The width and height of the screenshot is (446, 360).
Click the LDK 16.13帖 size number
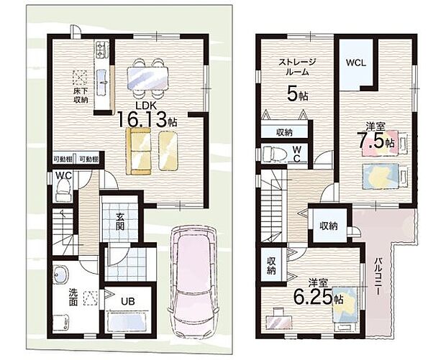tap(147, 119)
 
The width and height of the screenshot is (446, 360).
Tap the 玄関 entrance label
tap(119, 221)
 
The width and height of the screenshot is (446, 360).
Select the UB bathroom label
tap(128, 301)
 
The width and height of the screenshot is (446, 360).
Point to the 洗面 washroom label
tap(73, 297)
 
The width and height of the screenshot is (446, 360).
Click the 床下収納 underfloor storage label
tap(81, 96)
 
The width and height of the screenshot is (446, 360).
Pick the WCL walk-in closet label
tap(356, 63)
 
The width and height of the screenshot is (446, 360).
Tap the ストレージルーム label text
tap(297, 67)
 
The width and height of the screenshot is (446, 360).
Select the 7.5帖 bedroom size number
tap(376, 140)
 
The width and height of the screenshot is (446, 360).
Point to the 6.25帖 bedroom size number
tap(318, 297)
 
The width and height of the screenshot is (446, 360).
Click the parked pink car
tap(193, 281)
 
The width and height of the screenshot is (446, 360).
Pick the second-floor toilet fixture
tap(274, 154)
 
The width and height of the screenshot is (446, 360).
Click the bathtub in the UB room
tap(128, 323)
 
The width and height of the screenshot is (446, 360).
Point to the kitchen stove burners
tap(101, 49)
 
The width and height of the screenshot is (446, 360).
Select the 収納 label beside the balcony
tap(329, 226)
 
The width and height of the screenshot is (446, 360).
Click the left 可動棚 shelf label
tap(63, 160)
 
